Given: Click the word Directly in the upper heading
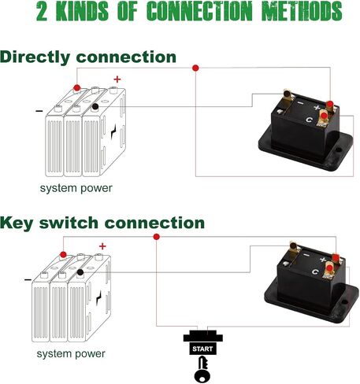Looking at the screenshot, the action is point(35,57).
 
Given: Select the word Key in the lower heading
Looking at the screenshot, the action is point(17,223).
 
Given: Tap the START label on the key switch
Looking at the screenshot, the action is point(202,349).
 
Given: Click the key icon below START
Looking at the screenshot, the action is point(202,369).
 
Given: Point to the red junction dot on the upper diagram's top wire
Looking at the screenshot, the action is point(195,68).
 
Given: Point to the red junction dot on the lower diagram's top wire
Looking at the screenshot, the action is point(157,237).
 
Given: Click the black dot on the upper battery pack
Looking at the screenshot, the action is point(95,106).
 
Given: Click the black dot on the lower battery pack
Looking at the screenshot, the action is point(80,272).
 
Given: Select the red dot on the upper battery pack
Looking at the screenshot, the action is point(76,87).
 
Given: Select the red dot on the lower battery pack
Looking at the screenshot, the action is point(63,254).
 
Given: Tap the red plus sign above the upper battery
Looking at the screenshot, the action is point(117,79).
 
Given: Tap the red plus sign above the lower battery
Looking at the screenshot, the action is point(102,246).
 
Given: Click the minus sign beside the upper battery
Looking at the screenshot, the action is point(39,111).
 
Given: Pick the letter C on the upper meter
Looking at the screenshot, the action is point(309,120).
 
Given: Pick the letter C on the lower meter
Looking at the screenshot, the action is point(315,271).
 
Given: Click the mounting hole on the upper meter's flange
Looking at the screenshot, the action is point(339,150).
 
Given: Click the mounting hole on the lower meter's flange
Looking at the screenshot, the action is point(344,302).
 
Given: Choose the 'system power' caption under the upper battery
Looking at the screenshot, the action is point(76,188).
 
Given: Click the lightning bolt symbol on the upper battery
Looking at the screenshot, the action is point(113,132).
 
